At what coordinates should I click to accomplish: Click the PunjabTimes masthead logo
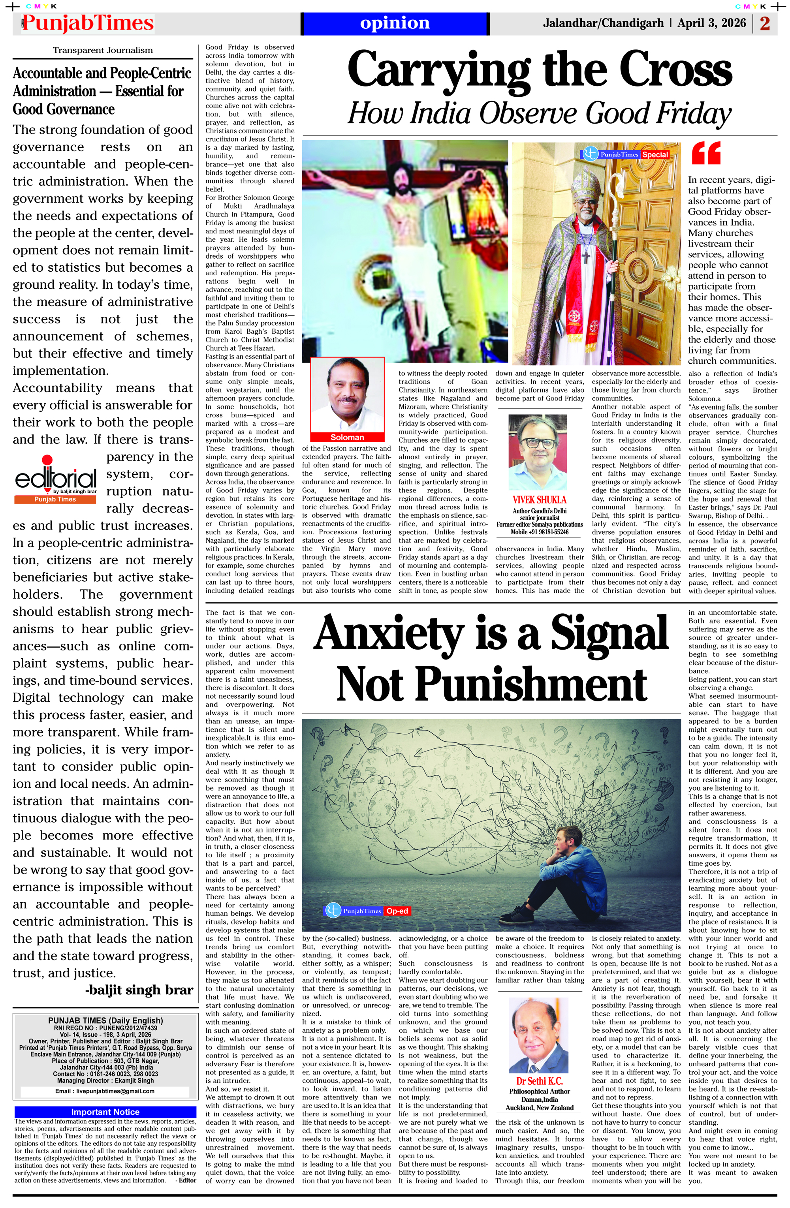tap(87, 23)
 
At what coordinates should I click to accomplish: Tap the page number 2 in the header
tap(765, 23)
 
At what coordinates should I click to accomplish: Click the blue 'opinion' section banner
tap(395, 23)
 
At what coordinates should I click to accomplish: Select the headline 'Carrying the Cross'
tap(539, 70)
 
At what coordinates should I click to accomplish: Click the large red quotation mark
tap(706, 153)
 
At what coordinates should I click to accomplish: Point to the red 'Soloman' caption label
tap(347, 437)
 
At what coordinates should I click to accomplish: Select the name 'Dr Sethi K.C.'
tap(539, 1081)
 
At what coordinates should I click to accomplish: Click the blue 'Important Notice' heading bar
tap(105, 1112)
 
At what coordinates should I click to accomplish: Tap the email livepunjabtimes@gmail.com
tap(105, 1091)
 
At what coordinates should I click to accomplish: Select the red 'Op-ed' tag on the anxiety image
tap(397, 911)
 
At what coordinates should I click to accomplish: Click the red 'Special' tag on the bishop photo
tap(655, 154)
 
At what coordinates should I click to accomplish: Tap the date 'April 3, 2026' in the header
tap(711, 23)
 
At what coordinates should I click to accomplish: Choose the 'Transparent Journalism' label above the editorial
tap(103, 50)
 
